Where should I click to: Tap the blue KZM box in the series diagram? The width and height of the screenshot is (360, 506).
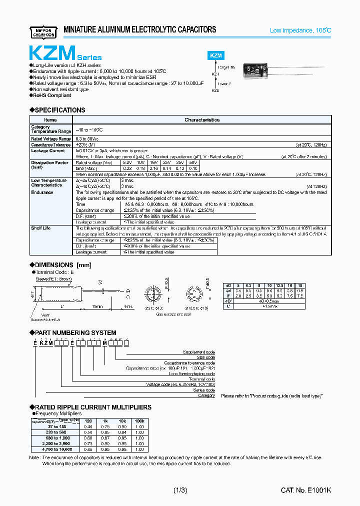click(x=215, y=56)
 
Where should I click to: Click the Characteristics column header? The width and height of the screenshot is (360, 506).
click(x=202, y=120)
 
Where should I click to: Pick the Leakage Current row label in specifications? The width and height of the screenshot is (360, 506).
click(x=48, y=150)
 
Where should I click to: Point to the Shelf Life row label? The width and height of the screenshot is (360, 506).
click(x=41, y=228)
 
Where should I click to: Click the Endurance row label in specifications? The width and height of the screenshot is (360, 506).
click(x=42, y=192)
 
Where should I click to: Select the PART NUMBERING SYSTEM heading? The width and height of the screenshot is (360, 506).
click(x=75, y=332)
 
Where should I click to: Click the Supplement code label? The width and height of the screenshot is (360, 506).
click(x=198, y=352)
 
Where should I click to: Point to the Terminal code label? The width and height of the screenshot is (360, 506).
click(x=202, y=379)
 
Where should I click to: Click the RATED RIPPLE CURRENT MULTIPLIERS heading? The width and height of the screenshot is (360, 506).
click(x=92, y=407)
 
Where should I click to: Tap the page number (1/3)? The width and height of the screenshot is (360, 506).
click(x=180, y=490)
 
